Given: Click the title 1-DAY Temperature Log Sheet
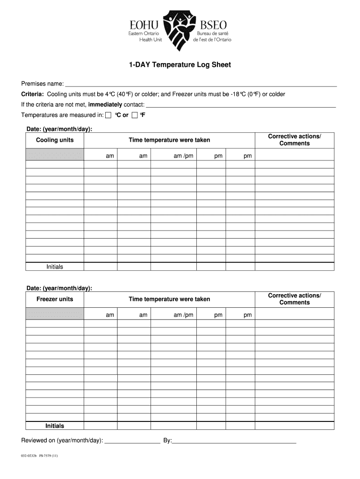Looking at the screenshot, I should click(x=180, y=65).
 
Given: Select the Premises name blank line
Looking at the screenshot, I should click(x=201, y=84).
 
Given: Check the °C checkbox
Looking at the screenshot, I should click(x=108, y=115).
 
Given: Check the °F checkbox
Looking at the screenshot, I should click(x=135, y=115).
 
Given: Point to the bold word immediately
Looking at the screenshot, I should click(x=105, y=104).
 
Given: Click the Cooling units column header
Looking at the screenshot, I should click(x=55, y=140).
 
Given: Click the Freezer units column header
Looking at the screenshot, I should click(x=55, y=299).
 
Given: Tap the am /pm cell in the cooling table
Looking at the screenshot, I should click(x=183, y=156).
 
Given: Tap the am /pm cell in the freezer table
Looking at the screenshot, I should click(x=183, y=315).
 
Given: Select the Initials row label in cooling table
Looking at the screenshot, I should click(x=55, y=267).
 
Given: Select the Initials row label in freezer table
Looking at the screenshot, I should click(x=55, y=426).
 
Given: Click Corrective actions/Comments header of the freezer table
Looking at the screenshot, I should click(x=295, y=299).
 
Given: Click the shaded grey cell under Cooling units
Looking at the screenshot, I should click(x=55, y=154).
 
